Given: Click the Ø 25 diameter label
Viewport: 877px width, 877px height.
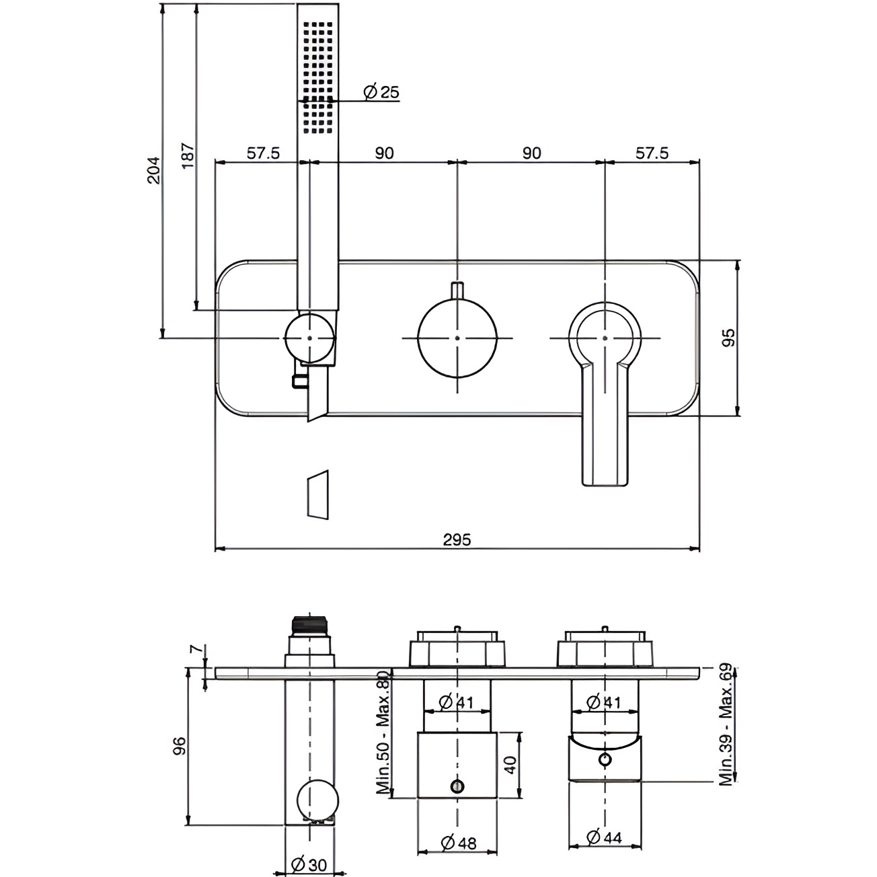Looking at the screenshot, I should (381, 92).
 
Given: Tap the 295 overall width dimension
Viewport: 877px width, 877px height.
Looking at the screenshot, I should (457, 539).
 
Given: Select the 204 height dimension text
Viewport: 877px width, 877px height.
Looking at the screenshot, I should (154, 169).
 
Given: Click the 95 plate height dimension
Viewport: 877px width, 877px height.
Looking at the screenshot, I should (728, 338).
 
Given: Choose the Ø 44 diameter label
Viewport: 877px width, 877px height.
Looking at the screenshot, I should (604, 837).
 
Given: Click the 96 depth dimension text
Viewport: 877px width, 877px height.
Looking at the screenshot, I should (179, 747).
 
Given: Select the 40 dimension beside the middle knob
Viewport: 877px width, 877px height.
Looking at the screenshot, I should (510, 765).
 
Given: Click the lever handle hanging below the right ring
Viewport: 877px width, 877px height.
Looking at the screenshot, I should (605, 430).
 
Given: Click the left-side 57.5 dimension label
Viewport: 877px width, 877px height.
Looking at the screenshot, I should (262, 153).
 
